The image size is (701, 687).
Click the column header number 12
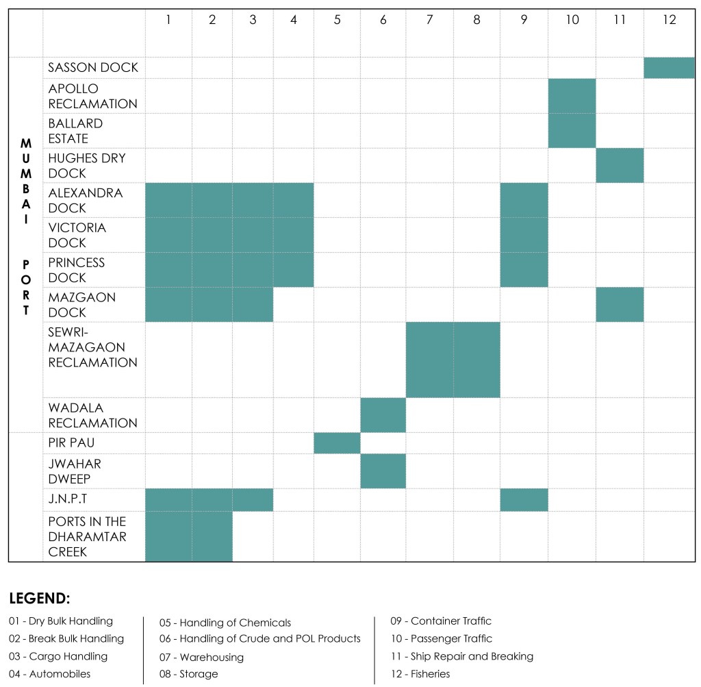point(669,20)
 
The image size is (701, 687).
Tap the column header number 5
point(337,20)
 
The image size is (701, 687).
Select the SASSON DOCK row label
point(93,67)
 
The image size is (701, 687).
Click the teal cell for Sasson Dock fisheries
point(669,68)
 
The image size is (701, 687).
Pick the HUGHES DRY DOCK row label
point(87,166)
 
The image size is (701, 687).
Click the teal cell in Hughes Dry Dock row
point(620,166)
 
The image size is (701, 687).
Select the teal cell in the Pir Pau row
point(337,443)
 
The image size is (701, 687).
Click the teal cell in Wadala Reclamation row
point(383,415)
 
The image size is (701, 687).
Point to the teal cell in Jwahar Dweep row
point(383,471)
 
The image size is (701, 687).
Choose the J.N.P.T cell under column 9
point(524,500)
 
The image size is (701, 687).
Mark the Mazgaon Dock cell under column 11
point(620,305)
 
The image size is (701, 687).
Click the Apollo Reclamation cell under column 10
point(572,96)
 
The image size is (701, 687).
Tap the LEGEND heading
point(40,599)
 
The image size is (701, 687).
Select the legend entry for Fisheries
point(420,674)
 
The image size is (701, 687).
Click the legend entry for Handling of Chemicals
point(225,623)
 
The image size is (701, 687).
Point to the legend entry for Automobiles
point(50,674)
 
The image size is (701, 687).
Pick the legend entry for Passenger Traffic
point(441,638)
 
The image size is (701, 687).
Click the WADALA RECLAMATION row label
point(92,415)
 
